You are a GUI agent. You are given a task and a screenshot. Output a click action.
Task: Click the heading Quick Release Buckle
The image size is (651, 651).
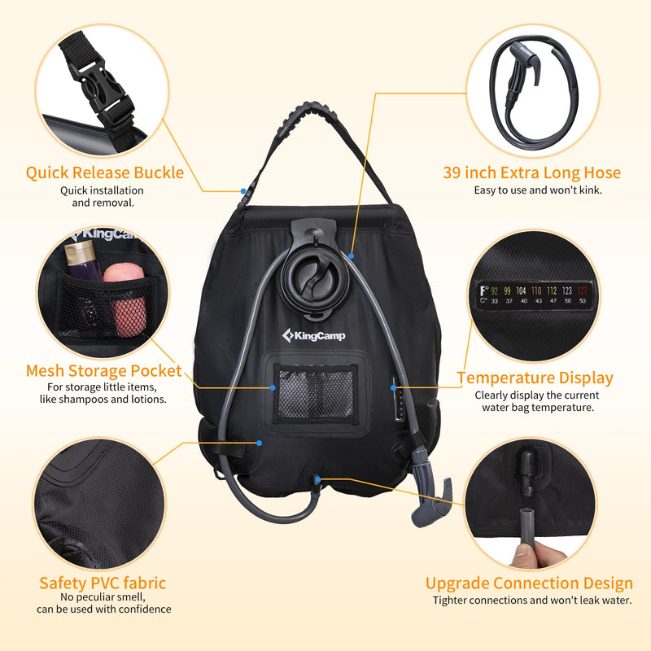point(105,173)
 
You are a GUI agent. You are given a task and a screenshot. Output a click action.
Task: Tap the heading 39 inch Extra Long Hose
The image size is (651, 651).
point(531,173)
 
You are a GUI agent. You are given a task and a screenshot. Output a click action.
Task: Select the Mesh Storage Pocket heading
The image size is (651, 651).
point(104,371)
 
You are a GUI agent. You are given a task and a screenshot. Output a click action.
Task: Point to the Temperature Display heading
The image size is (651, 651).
point(535,378)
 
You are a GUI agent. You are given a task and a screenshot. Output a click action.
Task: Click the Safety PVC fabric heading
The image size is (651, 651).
point(103,583)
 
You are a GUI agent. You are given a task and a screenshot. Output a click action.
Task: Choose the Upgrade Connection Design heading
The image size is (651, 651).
point(529,583)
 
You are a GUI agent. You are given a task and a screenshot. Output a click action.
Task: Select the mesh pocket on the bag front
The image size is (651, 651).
point(315,392)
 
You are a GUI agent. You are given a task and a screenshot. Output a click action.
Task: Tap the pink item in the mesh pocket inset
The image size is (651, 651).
point(126,290)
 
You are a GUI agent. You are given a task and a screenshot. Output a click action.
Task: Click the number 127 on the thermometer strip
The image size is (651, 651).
point(581,290)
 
